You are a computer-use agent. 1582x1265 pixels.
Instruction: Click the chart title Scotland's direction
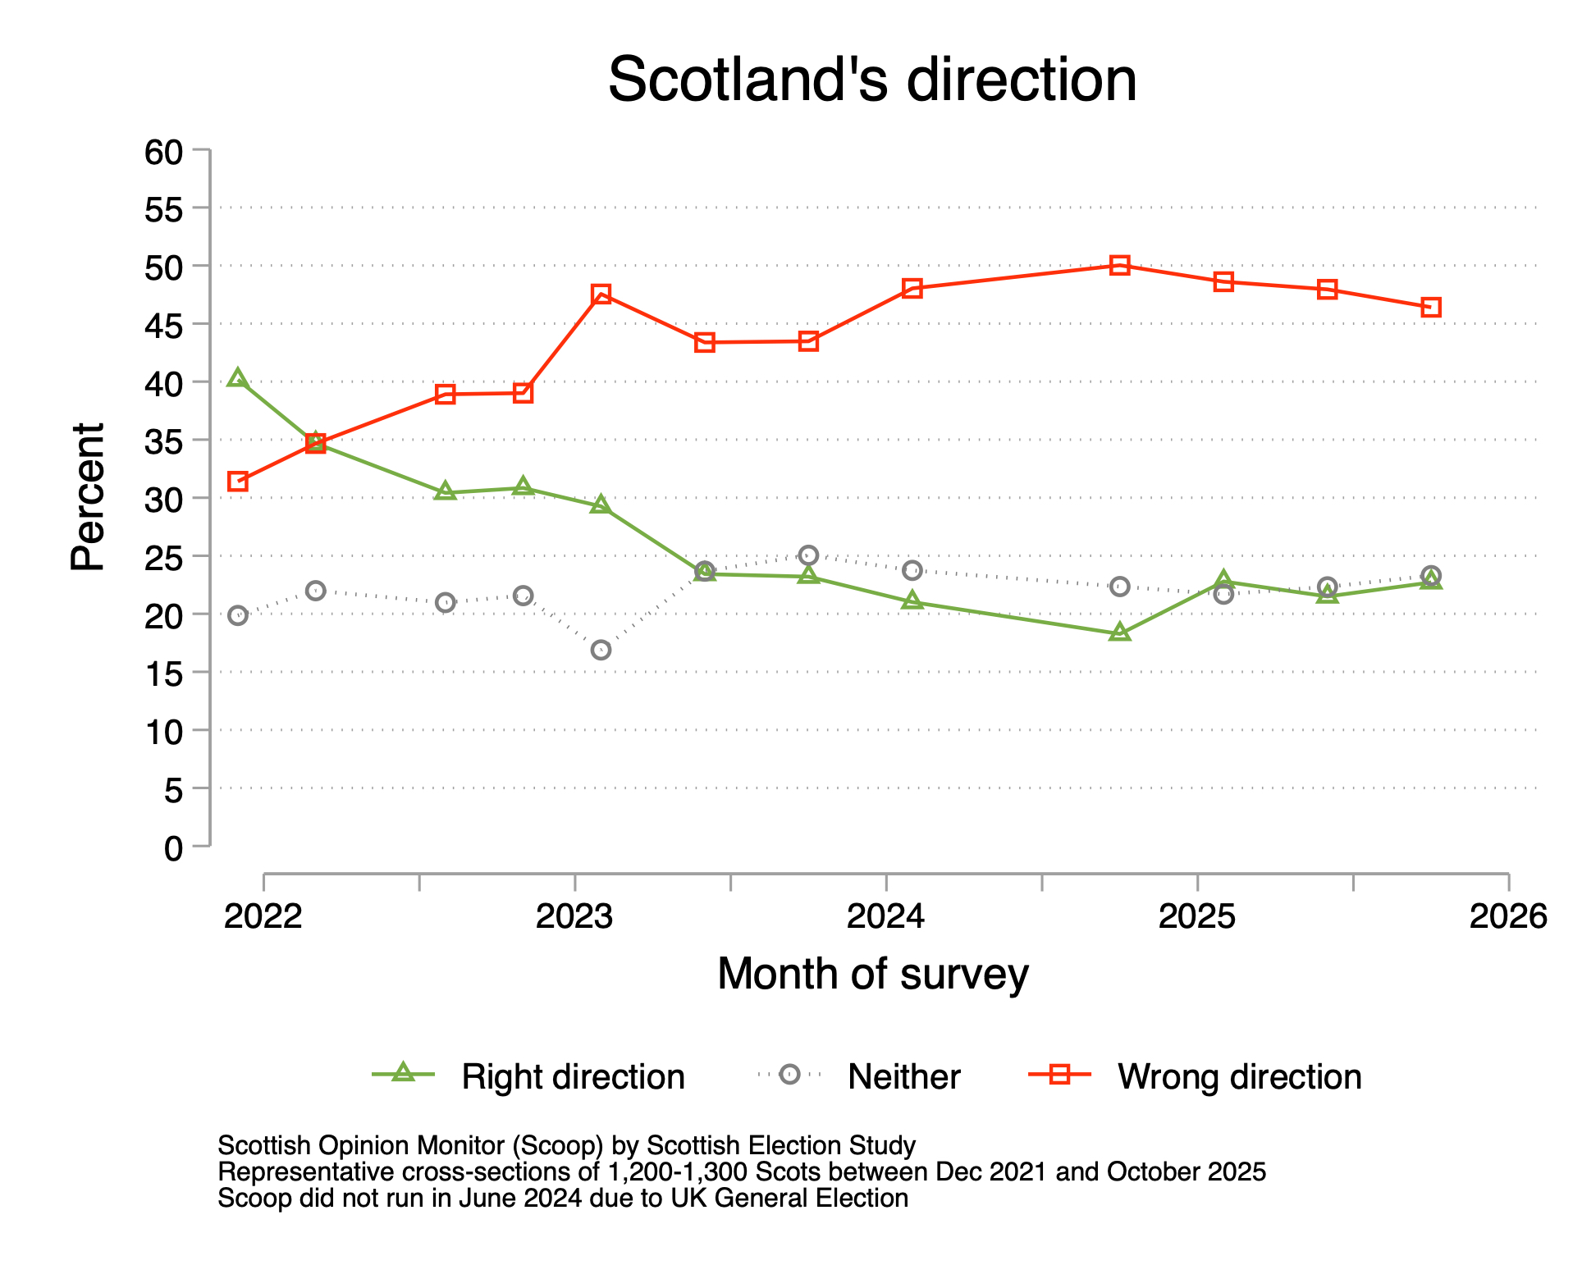[871, 80]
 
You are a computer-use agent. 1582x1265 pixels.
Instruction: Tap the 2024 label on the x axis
[885, 916]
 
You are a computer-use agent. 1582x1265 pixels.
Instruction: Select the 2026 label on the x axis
[1508, 916]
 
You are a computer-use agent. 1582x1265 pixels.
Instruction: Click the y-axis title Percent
[88, 497]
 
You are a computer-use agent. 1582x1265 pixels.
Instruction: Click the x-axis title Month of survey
[872, 975]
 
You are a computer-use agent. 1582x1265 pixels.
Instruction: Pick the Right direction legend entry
[572, 1076]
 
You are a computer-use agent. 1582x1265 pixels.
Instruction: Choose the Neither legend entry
[903, 1076]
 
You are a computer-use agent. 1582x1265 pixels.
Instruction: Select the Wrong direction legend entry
[1239, 1076]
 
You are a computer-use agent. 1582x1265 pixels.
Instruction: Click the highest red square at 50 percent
[1120, 265]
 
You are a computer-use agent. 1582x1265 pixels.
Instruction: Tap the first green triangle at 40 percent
[238, 378]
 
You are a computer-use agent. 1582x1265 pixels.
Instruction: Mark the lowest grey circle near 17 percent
[601, 650]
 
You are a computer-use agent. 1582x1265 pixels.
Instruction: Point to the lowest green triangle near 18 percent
[1120, 632]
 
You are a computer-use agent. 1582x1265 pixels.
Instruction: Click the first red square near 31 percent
[238, 482]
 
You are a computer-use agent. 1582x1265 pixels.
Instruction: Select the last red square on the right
[1431, 308]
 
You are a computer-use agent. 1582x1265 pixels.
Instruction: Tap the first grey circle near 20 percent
[238, 615]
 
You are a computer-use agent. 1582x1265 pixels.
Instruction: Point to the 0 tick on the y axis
[174, 848]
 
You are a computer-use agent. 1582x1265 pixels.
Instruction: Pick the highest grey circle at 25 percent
[808, 555]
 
